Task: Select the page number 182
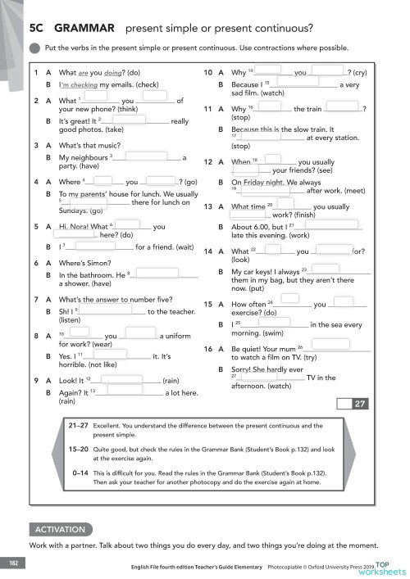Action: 13,563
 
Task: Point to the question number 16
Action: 209,347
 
